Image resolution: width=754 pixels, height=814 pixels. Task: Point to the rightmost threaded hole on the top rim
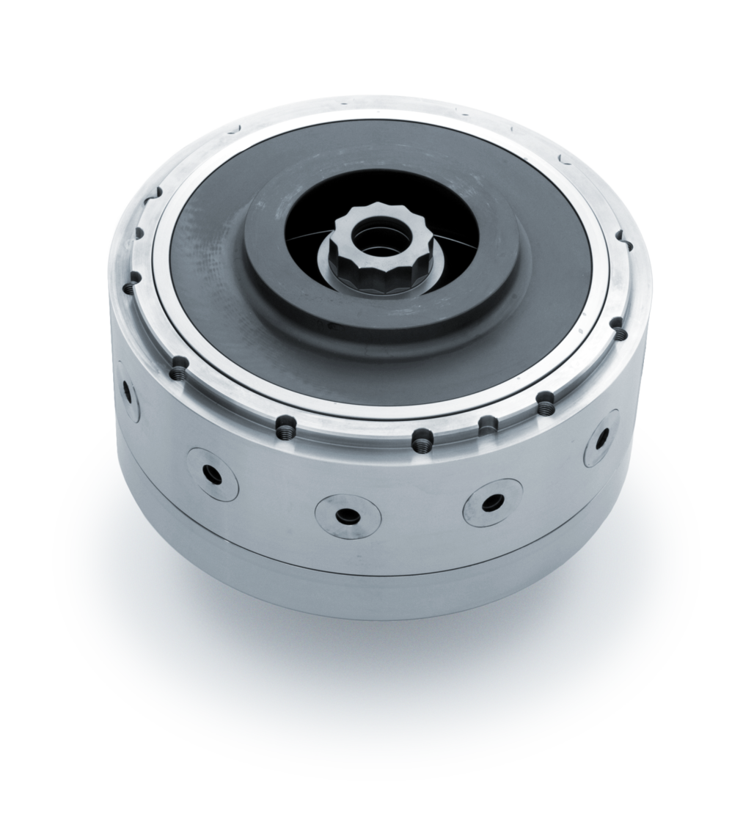point(621,334)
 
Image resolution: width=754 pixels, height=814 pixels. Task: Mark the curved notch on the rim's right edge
point(624,238)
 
